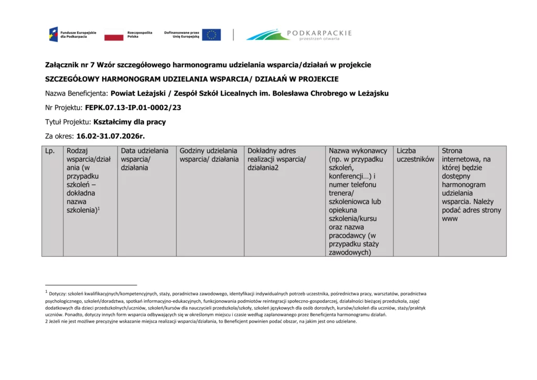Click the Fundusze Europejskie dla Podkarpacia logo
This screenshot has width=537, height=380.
point(73,35)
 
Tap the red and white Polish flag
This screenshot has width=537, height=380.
point(114,35)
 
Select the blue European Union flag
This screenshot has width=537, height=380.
point(211,35)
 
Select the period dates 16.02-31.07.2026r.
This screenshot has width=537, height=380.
point(110,136)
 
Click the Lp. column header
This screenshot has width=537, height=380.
point(50,151)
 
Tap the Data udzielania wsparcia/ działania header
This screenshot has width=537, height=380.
point(145,159)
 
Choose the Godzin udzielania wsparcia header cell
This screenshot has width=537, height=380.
point(209,155)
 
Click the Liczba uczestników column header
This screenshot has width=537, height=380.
point(415,155)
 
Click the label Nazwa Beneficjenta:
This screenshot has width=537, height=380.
point(77,93)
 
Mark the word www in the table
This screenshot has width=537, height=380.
point(449,218)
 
